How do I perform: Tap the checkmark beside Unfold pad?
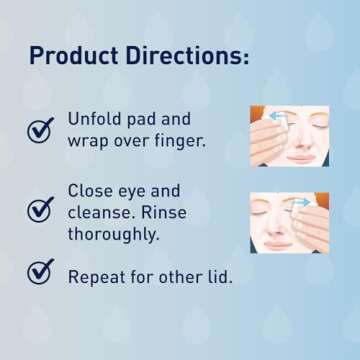tap(41, 129)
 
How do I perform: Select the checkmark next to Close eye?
tap(41, 209)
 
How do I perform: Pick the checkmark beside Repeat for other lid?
tap(41, 273)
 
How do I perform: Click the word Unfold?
tap(97, 119)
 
